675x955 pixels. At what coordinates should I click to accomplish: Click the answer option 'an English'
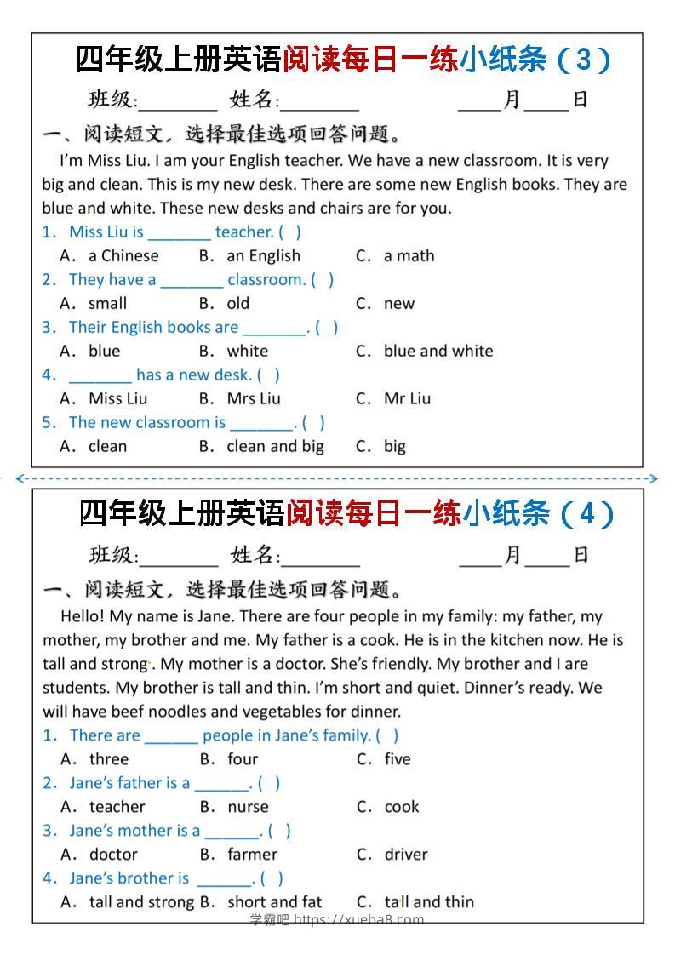[x=263, y=255]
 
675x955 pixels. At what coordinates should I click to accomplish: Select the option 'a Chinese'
[x=123, y=255]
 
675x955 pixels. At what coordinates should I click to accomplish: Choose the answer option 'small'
[x=107, y=303]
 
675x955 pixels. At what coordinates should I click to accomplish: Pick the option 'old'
[x=238, y=303]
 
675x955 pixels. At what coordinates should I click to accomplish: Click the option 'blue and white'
[x=438, y=351]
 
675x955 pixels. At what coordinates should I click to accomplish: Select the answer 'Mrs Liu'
[x=253, y=398]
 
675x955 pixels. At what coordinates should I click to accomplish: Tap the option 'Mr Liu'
[x=407, y=398]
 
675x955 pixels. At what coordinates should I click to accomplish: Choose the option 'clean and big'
[x=275, y=446]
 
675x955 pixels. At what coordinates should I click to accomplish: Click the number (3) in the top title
[x=582, y=60]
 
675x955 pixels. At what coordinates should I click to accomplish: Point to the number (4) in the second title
[x=584, y=514]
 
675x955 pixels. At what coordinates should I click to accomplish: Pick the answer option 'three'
[x=109, y=759]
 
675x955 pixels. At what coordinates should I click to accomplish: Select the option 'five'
[x=397, y=759]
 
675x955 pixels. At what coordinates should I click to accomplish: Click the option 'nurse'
[x=248, y=807]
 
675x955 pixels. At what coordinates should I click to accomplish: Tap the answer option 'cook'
[x=402, y=807]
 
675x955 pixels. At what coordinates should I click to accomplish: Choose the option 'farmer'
[x=252, y=855]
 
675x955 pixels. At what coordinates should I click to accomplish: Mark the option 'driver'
[x=406, y=855]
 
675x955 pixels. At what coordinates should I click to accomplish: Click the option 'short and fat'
[x=274, y=902]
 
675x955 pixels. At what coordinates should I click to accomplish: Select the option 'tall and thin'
[x=429, y=902]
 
